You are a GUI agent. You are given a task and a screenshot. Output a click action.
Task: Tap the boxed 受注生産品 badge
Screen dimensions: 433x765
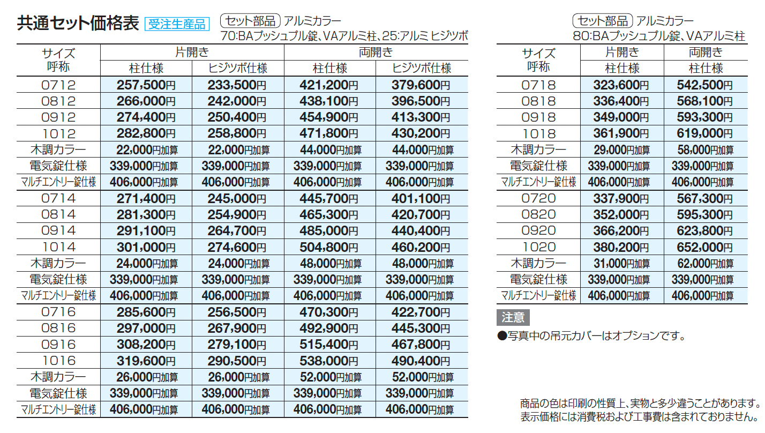(177, 24)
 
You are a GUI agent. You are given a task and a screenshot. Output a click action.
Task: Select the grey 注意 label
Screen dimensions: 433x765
(513, 318)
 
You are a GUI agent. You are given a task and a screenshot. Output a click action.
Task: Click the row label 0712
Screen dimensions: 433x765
(58, 85)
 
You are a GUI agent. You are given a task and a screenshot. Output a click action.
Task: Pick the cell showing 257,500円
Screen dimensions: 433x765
(146, 85)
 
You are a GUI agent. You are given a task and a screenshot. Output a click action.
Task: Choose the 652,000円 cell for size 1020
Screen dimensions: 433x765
(706, 247)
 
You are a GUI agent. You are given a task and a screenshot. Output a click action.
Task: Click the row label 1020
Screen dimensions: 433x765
(538, 247)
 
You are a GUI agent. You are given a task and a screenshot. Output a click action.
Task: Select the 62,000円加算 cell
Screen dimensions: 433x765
(706, 264)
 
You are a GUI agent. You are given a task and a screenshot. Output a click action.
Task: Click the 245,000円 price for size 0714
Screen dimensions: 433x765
(237, 199)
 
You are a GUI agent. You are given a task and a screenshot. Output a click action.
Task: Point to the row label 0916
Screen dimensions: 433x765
(58, 345)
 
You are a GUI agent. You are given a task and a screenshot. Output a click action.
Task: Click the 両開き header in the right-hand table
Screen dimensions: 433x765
(706, 53)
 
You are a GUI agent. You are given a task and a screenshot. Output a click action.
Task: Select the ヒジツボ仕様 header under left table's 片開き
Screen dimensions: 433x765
(237, 69)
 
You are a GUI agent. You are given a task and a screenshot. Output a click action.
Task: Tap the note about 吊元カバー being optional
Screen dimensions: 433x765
(591, 336)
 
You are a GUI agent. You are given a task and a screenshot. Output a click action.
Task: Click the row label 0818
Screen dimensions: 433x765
(538, 101)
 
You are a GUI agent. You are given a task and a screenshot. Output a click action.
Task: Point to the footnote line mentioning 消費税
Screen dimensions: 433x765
(639, 416)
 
